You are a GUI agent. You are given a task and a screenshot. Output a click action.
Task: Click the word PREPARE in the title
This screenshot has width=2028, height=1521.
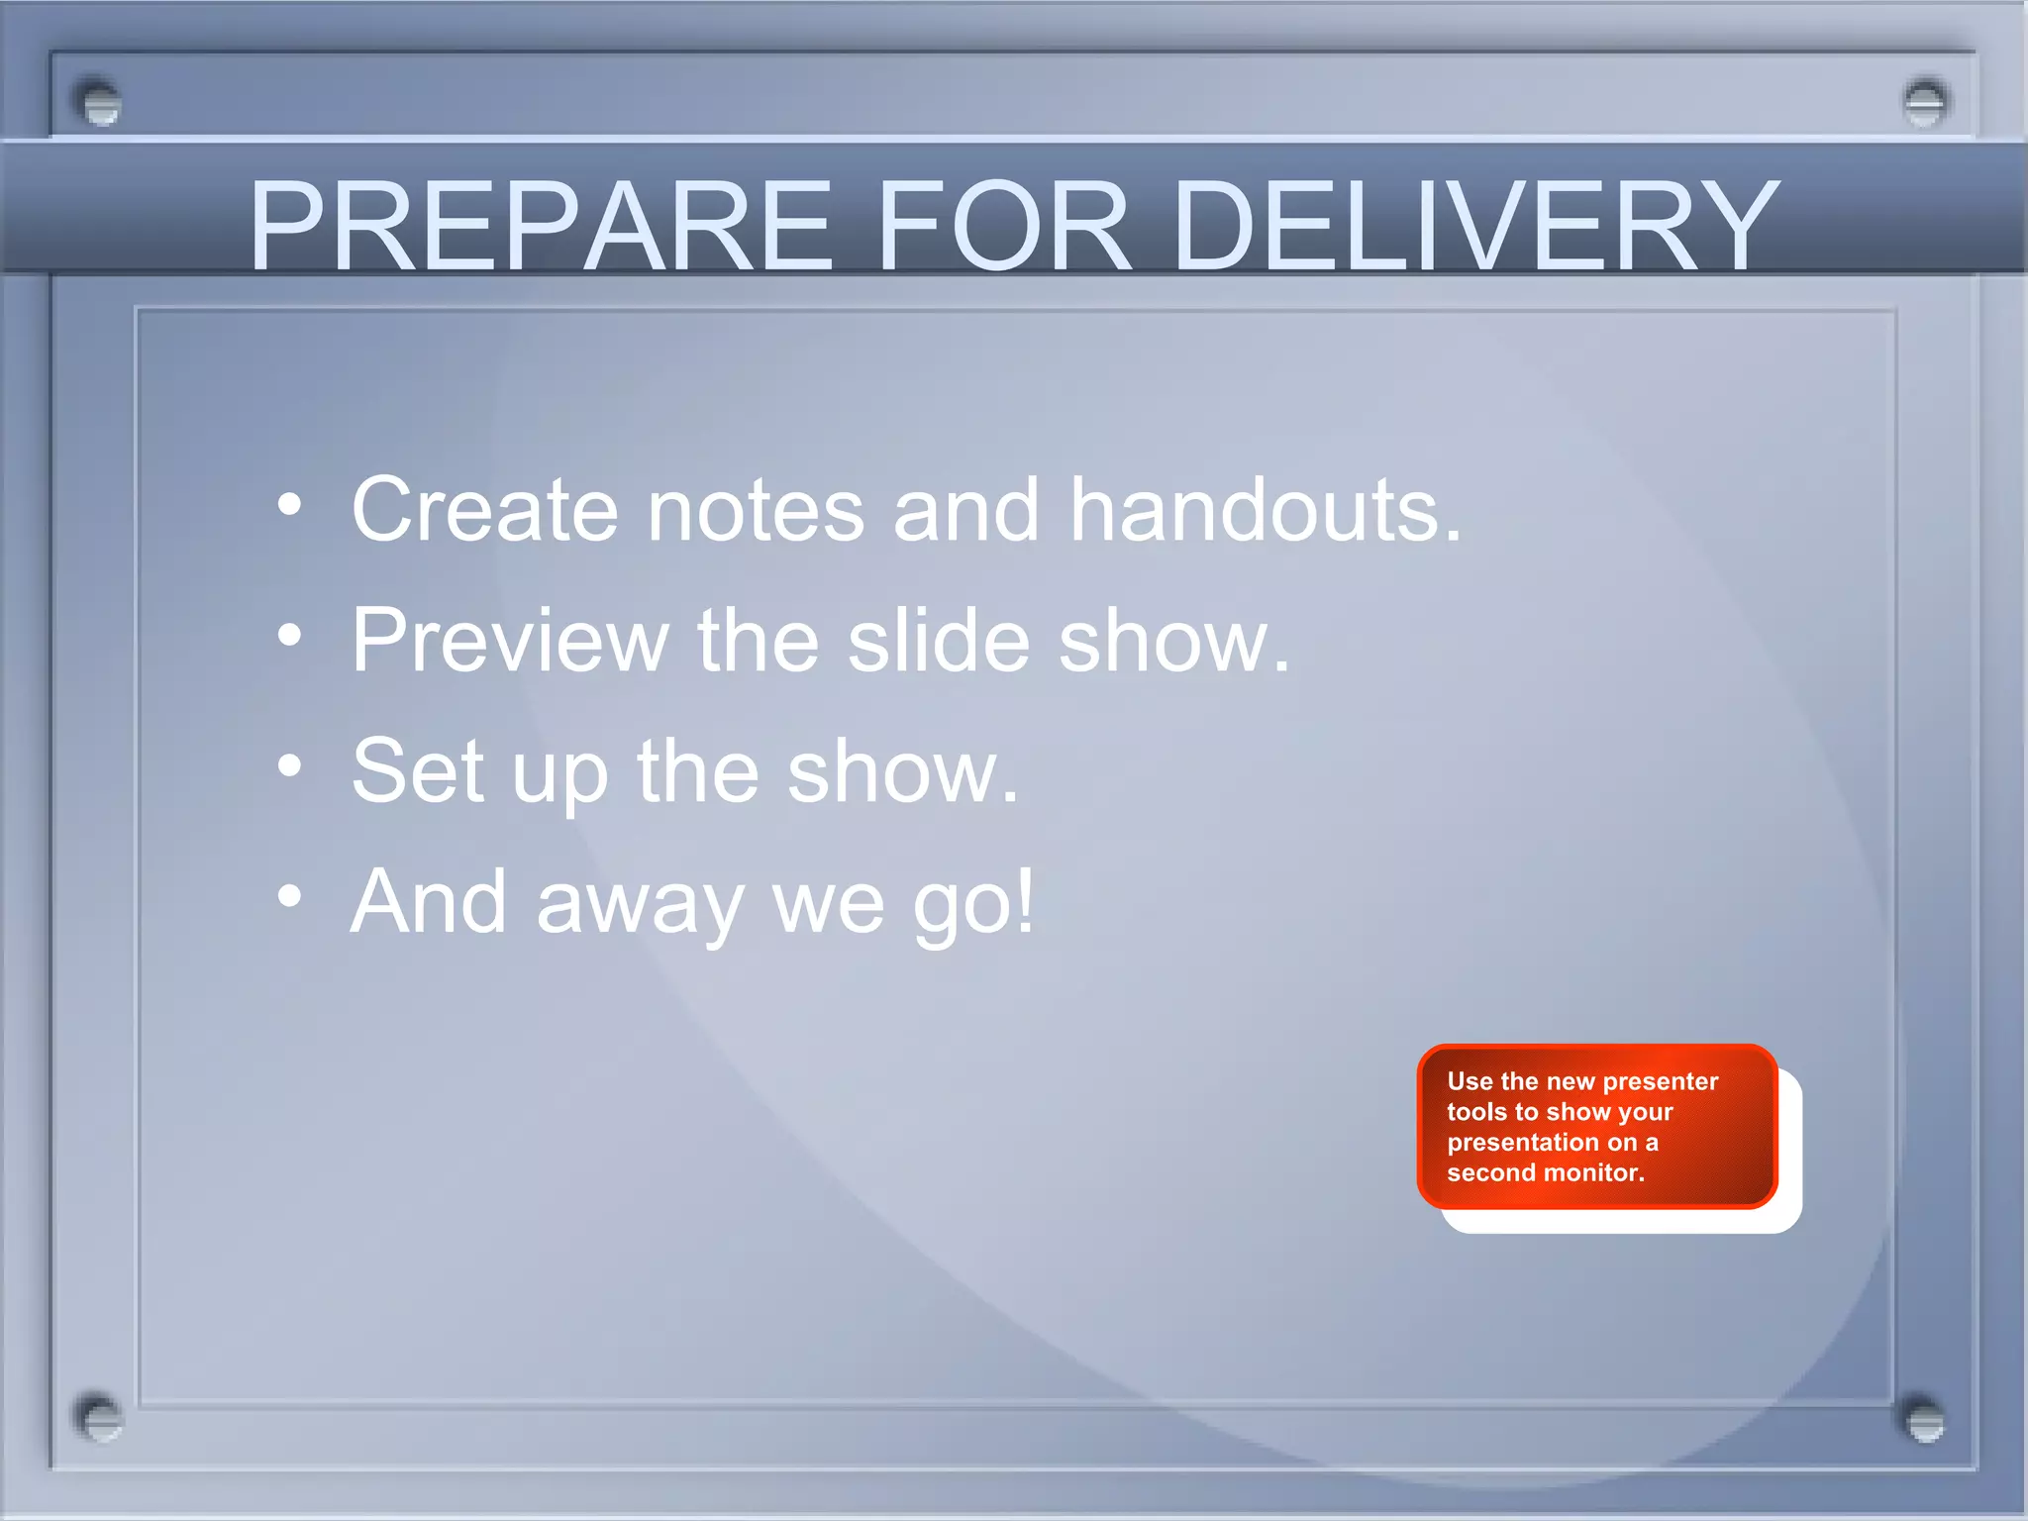click(540, 226)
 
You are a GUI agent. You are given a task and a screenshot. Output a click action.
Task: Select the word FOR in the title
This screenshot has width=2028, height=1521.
click(1002, 226)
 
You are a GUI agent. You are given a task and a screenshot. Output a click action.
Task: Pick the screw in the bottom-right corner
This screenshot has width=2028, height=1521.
click(1925, 1420)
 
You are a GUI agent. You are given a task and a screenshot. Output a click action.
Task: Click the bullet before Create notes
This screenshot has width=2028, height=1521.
click(289, 506)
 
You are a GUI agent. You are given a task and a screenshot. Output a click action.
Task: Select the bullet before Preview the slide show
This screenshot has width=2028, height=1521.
click(289, 636)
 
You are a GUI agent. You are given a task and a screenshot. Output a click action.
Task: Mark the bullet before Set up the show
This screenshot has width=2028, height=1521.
click(289, 765)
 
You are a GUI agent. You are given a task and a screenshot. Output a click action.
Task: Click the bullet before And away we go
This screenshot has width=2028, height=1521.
click(289, 896)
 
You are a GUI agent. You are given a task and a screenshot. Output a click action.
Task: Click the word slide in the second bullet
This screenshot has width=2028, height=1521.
click(939, 641)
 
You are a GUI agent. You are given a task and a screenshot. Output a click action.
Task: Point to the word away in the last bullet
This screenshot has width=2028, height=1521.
click(640, 903)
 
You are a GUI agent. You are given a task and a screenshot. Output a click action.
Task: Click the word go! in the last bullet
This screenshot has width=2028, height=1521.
click(972, 903)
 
